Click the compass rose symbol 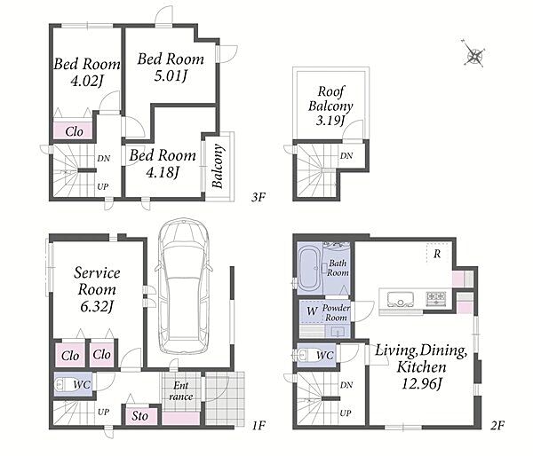coord(474,54)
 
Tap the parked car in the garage coord(184,287)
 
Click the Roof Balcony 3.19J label coord(330,106)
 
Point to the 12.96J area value coord(421,383)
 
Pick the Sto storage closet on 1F coord(140,416)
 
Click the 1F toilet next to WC coord(63,385)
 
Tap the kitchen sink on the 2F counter coord(401,299)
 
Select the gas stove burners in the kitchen coord(436,297)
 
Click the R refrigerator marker coord(437,254)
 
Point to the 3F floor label coord(259,197)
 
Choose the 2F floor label coord(497,425)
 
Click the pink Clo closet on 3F coord(74,130)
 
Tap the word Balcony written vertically coord(218,166)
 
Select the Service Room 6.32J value coord(96,306)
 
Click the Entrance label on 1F coord(181,391)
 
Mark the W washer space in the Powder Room coord(312,311)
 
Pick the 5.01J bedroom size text coord(171,75)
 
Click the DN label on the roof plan coord(346,156)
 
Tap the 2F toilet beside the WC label coord(306,355)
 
